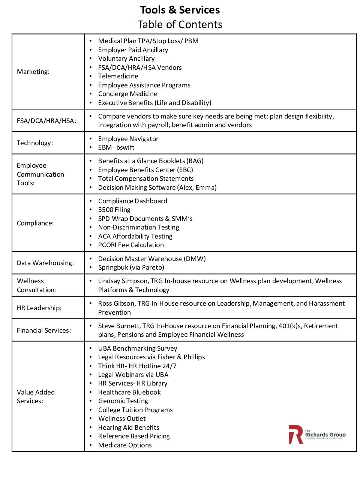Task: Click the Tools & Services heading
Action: pyautogui.click(x=180, y=10)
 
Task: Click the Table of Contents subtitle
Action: pyautogui.click(x=180, y=24)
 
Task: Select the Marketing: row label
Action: pyautogui.click(x=33, y=72)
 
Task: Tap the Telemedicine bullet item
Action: pyautogui.click(x=118, y=76)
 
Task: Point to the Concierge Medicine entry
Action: pyautogui.click(x=127, y=94)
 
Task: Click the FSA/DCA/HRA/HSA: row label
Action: pyautogui.click(x=46, y=121)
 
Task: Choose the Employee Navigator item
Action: pyautogui.click(x=128, y=139)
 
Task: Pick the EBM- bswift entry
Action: pyautogui.click(x=116, y=147)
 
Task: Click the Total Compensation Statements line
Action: pyautogui.click(x=146, y=178)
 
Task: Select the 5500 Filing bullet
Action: pyautogui.click(x=114, y=210)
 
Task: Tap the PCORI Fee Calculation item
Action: pyautogui.click(x=131, y=245)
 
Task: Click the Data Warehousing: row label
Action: pyautogui.click(x=45, y=263)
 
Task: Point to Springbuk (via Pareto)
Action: pyautogui.click(x=131, y=267)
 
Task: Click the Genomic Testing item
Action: pyautogui.click(x=123, y=401)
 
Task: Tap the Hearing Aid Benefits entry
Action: pyautogui.click(x=129, y=427)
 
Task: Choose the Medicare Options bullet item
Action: pyautogui.click(x=125, y=445)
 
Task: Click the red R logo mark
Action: pyautogui.click(x=295, y=434)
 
